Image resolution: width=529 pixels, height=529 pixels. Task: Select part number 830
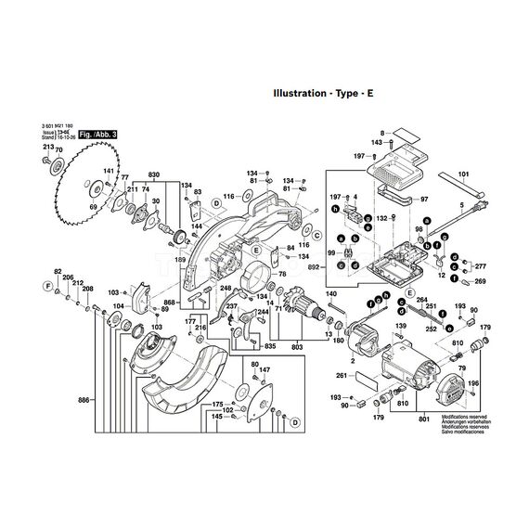(154, 175)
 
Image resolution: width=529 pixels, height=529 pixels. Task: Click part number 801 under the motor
(424, 422)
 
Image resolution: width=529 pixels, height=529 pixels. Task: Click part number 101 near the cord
(464, 172)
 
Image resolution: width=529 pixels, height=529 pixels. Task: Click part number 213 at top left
(49, 146)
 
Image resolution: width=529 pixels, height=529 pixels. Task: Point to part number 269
(481, 280)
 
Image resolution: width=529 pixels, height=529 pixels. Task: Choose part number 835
(269, 346)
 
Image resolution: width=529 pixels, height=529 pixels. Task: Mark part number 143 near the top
(378, 142)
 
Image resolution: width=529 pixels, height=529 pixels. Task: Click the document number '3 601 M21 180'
(59, 123)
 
